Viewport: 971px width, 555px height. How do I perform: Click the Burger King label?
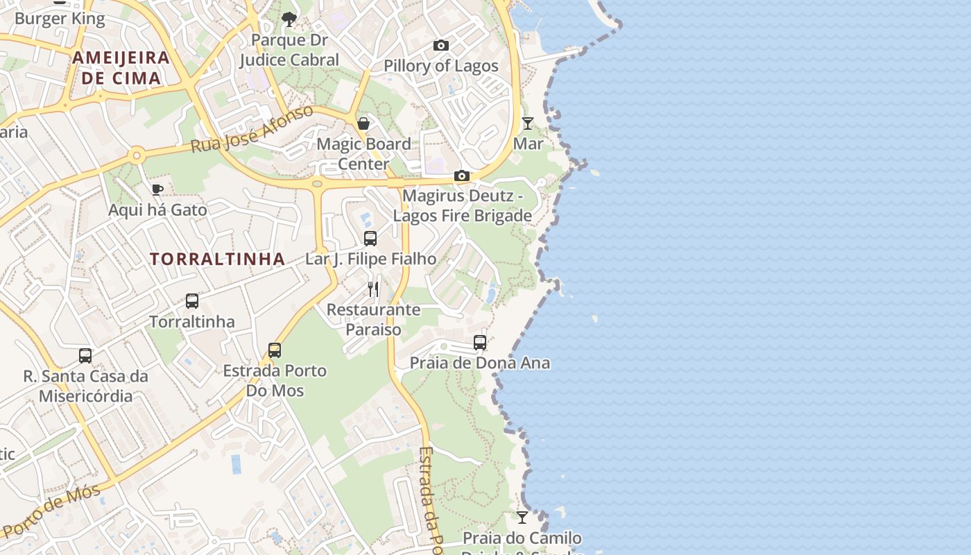tap(60, 19)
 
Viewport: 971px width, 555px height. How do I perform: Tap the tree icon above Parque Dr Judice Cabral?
tap(289, 19)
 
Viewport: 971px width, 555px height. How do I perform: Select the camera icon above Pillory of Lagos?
tap(440, 46)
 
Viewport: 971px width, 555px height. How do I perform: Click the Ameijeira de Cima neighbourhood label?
tap(121, 67)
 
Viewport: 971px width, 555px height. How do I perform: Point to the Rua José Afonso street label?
tap(252, 130)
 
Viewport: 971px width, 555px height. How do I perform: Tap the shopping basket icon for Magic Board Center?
tap(363, 123)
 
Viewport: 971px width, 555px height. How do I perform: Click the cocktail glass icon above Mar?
tap(528, 123)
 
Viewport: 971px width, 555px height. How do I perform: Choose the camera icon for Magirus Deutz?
tap(462, 176)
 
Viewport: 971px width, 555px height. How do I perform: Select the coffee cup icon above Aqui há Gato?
tap(157, 189)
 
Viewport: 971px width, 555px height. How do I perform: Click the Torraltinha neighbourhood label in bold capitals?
tap(217, 259)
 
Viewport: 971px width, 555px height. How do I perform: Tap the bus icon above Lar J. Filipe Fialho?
tap(370, 239)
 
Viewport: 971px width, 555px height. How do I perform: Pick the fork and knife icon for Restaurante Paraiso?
tap(374, 289)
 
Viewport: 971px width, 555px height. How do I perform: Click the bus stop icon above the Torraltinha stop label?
tap(192, 301)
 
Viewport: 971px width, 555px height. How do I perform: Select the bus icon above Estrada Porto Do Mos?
tap(275, 350)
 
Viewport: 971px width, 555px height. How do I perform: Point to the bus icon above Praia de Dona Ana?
tap(480, 342)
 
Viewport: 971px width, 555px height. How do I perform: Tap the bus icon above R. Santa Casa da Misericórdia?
tap(85, 356)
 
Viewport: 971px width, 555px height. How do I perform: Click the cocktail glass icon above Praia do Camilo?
tap(522, 518)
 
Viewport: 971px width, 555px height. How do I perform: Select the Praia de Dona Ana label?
tap(480, 363)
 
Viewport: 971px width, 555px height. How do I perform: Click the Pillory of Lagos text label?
tap(441, 66)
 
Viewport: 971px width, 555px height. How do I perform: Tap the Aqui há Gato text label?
tap(157, 210)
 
